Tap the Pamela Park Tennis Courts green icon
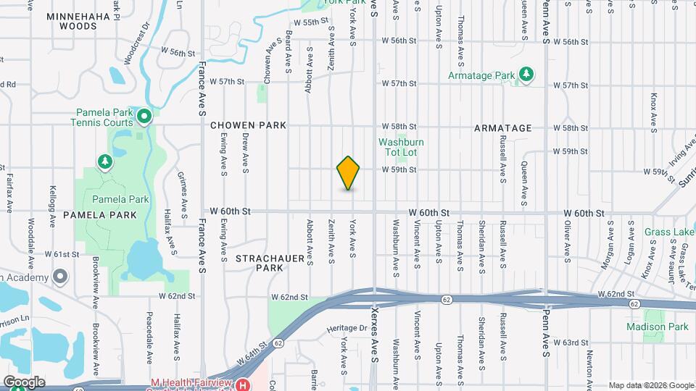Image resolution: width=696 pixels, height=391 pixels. pyautogui.click(x=144, y=115)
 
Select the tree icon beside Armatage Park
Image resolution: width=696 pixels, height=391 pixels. pyautogui.click(x=526, y=75)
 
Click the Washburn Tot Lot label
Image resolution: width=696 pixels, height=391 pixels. pyautogui.click(x=400, y=148)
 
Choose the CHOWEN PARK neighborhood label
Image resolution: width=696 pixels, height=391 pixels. pyautogui.click(x=249, y=125)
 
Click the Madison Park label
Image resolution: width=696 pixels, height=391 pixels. pyautogui.click(x=658, y=327)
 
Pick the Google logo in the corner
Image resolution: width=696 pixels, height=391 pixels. pyautogui.click(x=23, y=382)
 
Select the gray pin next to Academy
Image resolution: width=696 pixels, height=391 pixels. pyautogui.click(x=60, y=277)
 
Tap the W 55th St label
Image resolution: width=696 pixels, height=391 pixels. pyautogui.click(x=299, y=22)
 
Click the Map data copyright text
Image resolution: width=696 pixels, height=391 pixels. pyautogui.click(x=650, y=385)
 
